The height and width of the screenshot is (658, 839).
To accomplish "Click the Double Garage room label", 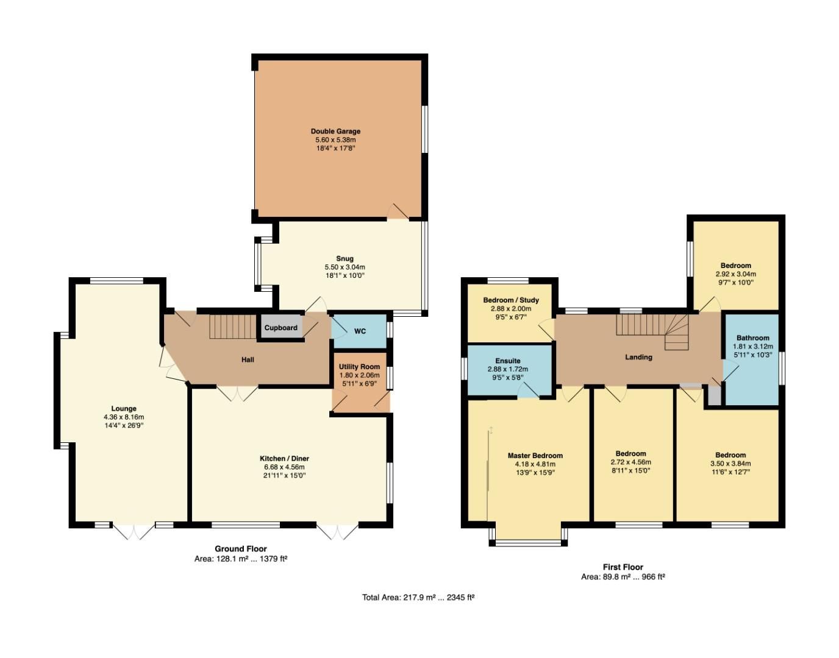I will click(335, 131).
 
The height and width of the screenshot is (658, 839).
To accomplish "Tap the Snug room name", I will click(345, 258).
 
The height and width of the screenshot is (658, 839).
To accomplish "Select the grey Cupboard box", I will click(281, 328).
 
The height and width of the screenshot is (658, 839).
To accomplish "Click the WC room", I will click(360, 331).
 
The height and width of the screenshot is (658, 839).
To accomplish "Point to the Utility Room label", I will click(359, 367).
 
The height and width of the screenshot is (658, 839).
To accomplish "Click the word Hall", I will click(248, 360).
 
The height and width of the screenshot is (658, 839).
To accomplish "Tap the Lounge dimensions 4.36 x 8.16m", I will click(124, 417).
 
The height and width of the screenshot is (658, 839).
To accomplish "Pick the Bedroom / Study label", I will click(511, 300).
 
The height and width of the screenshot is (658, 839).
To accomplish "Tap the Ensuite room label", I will click(507, 361).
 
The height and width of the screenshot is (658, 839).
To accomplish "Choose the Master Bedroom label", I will click(535, 456).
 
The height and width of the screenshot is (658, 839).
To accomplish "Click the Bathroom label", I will click(752, 338).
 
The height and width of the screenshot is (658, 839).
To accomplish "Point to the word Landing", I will click(638, 357).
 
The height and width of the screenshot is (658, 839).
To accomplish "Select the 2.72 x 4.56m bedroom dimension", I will click(630, 462).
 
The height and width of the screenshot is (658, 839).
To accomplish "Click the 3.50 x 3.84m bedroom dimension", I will click(730, 464).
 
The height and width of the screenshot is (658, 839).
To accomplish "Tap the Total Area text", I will click(418, 598).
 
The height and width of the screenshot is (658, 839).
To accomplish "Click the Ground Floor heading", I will click(241, 549).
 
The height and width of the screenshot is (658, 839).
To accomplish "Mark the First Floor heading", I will click(623, 567).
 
